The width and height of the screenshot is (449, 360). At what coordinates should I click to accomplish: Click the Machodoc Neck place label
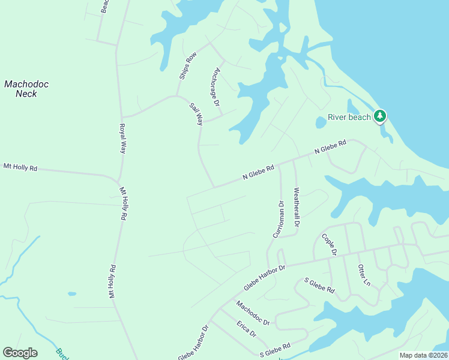[26, 89]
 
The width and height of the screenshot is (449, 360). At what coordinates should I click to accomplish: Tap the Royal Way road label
[122, 139]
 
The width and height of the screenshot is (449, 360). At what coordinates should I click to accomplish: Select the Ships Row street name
[188, 66]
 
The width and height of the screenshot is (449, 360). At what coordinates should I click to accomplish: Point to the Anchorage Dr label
[215, 86]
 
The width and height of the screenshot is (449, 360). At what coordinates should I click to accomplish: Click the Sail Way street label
[196, 113]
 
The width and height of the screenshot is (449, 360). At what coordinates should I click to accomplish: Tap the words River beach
[349, 117]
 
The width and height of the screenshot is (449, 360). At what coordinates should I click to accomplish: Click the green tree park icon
[379, 116]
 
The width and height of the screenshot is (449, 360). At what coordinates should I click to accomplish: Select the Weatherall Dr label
[296, 207]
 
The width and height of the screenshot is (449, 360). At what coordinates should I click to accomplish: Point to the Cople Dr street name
[329, 244]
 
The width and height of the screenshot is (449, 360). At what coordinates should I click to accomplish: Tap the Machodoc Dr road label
[253, 313]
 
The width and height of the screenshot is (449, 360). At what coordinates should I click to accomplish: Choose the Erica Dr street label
[246, 329]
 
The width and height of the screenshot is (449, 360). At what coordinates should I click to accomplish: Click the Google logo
[20, 353]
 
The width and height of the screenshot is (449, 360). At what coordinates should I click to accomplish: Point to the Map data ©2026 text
[424, 355]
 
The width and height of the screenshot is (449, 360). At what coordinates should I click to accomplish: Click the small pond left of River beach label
[321, 122]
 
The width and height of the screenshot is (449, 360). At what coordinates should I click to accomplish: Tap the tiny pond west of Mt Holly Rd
[72, 294]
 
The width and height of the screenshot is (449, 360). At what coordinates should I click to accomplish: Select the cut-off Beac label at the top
[104, 6]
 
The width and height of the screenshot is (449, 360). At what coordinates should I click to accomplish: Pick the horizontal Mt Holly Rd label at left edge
[20, 167]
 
